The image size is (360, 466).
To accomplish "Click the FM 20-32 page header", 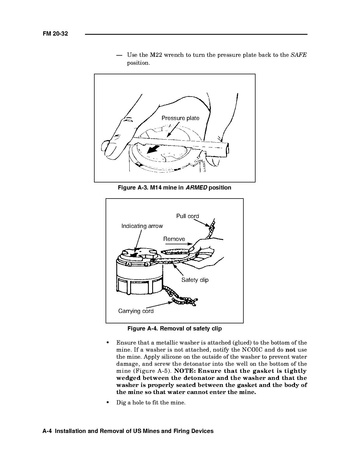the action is (55, 34).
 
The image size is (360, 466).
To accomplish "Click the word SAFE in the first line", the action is (298, 55).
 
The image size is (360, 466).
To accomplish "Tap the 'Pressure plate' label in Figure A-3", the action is (180, 118).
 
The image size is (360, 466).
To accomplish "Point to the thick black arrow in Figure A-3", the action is (153, 149).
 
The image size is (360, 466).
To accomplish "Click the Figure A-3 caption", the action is (174, 188).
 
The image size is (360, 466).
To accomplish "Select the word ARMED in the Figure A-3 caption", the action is (196, 188).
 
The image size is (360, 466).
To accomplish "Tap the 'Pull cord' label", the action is (187, 216).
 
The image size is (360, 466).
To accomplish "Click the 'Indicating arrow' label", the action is (142, 226).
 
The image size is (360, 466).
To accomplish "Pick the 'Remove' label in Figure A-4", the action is (174, 239).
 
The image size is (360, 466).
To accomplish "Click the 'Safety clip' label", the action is (195, 280).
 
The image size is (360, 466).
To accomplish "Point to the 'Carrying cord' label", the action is (136, 311).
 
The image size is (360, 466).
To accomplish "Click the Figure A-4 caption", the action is (175, 329).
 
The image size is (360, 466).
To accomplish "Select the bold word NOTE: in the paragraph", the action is (185, 371).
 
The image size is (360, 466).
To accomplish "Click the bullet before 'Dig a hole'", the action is (107, 403).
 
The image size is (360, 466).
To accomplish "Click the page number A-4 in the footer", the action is (47, 431).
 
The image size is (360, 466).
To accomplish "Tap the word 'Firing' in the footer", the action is (181, 431).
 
